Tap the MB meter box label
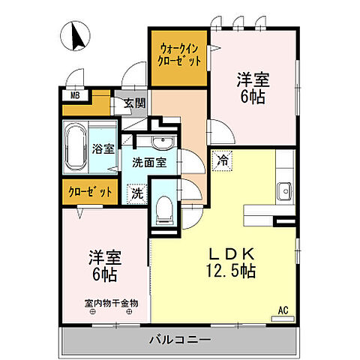click(75, 95)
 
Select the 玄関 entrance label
click(135, 103)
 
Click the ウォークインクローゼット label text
click(180, 55)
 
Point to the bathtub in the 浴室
click(77, 149)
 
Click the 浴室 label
click(104, 148)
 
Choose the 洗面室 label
click(149, 161)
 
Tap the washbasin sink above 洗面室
click(160, 143)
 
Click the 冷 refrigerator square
click(223, 159)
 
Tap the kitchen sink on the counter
click(284, 191)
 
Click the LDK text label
click(232, 253)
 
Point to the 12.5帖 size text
click(232, 270)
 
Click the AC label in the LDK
click(283, 308)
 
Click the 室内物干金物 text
click(110, 304)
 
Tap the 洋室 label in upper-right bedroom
click(254, 79)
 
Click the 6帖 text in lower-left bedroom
click(104, 274)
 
